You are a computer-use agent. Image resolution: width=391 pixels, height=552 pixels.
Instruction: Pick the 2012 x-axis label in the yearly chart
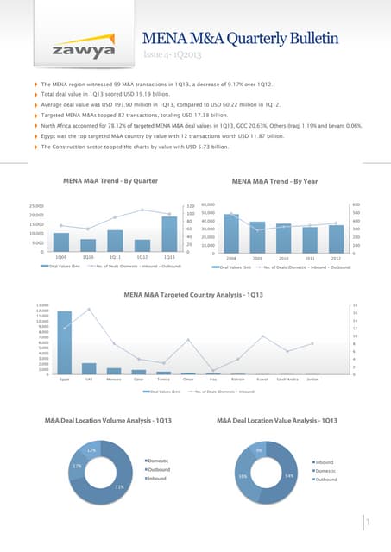tap(336, 257)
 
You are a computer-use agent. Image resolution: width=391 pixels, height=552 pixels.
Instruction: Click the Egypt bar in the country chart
tap(65, 342)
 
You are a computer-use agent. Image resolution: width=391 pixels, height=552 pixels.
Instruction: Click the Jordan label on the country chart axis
tap(312, 379)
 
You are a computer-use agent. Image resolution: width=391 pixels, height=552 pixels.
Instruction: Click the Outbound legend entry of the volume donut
tap(161, 469)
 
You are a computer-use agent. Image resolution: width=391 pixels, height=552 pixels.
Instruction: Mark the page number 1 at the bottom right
tap(369, 523)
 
